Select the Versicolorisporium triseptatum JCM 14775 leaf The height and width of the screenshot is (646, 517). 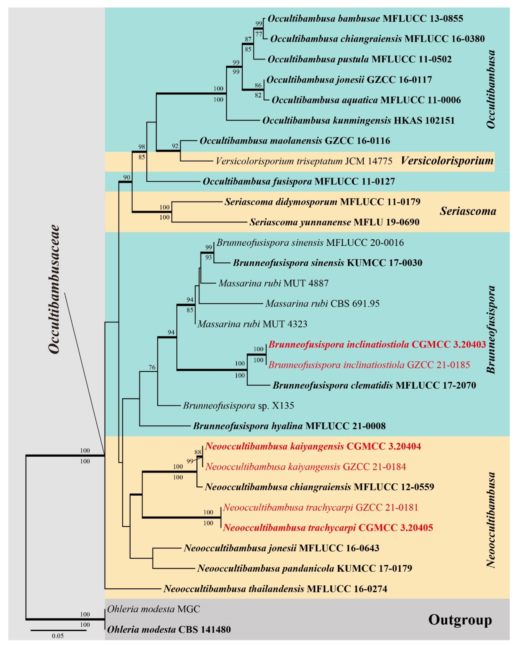pos(304,161)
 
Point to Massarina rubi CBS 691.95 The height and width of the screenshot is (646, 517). pos(322,304)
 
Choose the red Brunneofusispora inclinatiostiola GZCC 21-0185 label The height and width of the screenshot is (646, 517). pos(369,365)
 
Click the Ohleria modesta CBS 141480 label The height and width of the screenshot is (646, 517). pos(169,629)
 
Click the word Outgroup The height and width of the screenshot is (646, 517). pos(460,620)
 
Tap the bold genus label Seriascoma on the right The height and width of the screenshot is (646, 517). pos(468,211)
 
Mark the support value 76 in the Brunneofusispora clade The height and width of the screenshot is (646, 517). pos(152,367)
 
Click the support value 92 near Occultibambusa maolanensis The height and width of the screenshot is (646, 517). pos(175,146)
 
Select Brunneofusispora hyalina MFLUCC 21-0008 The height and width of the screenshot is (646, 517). pos(289,426)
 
